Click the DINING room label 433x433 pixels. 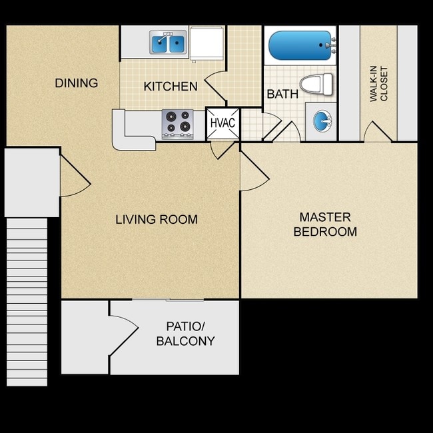(76, 83)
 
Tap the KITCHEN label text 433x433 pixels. (171, 87)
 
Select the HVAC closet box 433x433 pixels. (222, 123)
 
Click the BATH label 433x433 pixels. (282, 94)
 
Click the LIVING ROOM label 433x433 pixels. (157, 219)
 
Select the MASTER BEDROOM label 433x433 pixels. (325, 224)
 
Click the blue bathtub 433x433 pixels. (299, 45)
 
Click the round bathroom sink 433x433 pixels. (322, 122)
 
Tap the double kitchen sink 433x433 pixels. (168, 43)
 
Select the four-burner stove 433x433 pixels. (178, 123)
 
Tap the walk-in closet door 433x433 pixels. (376, 131)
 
